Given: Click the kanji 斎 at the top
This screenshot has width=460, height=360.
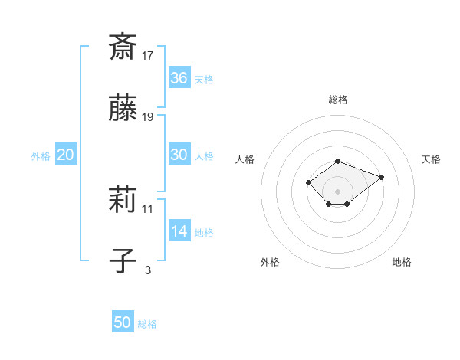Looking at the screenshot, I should point(123,47).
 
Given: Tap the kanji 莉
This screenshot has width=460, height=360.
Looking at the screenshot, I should point(123,201).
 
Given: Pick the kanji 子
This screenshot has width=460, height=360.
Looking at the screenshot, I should point(123,262).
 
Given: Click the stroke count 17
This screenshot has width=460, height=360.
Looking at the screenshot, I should point(148,56).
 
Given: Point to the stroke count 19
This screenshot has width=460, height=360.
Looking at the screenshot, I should point(148,117).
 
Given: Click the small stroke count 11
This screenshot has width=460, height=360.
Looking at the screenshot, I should point(148,208).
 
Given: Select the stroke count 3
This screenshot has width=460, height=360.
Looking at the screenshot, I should point(148,270).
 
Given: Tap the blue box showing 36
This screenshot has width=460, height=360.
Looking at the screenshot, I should point(179,78).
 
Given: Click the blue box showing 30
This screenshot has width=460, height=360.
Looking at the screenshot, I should point(179,155).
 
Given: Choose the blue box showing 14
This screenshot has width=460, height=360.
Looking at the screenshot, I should point(179,231).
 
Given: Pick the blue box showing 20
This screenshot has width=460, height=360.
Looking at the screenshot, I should point(66,155).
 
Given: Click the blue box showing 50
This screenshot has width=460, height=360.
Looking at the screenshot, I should point(123,322).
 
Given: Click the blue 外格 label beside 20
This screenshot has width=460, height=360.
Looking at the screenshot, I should point(41,156).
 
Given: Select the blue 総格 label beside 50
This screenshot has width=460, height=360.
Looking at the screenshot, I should point(147,324).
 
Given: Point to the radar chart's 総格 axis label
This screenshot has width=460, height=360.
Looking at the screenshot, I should point(337,100).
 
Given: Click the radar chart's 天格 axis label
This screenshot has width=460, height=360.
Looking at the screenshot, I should point(431,159).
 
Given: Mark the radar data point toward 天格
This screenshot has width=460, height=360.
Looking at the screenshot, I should point(381,177).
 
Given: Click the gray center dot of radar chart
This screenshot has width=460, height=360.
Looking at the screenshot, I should point(337,191).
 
